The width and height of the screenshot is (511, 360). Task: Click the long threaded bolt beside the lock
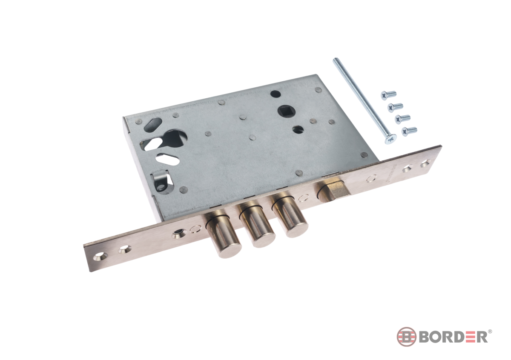point(364,100)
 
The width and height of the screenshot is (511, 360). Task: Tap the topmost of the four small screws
point(388,95)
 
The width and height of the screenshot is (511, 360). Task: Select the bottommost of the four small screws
point(409,131)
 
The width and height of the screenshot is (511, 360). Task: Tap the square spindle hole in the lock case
point(287,110)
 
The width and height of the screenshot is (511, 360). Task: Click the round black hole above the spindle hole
point(276,94)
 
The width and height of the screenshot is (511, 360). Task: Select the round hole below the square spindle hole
point(298,129)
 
